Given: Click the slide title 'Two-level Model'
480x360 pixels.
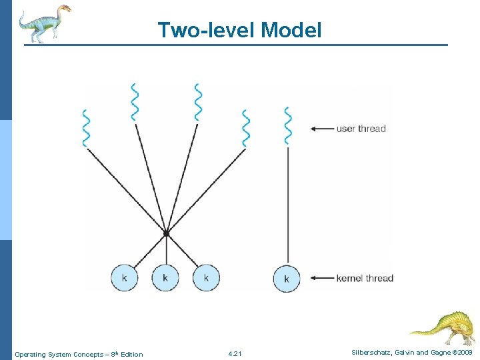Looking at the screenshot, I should coord(239,30).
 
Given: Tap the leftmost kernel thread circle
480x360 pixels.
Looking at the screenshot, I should coord(125,277).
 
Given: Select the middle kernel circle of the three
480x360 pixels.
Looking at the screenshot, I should coord(165,277).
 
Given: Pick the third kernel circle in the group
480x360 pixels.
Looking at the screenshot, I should coord(206,277).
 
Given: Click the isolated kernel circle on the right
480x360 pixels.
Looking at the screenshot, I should coord(287,279).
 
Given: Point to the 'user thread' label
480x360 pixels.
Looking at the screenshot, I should coord(361,129).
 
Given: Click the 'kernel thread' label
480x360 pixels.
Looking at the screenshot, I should coord(365,278).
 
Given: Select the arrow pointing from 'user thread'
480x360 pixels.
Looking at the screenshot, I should coord(323,129).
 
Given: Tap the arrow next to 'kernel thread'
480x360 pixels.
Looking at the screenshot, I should coord(323,278).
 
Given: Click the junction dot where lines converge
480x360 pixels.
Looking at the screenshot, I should coord(166,233).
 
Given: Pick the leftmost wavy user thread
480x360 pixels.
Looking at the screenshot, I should coord(85,127).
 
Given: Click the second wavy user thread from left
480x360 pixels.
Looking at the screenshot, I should coord(135,101).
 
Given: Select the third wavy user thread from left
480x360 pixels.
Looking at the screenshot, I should coord(197,101).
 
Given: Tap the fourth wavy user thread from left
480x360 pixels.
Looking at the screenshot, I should coord(246,127).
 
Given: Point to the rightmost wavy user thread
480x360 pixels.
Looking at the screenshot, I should coord(287,125).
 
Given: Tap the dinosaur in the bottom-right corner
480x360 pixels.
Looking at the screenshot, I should coord(443,327).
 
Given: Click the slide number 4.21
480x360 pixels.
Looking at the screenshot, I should coord(235,354).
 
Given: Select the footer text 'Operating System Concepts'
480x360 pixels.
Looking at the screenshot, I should coord(59,354).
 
